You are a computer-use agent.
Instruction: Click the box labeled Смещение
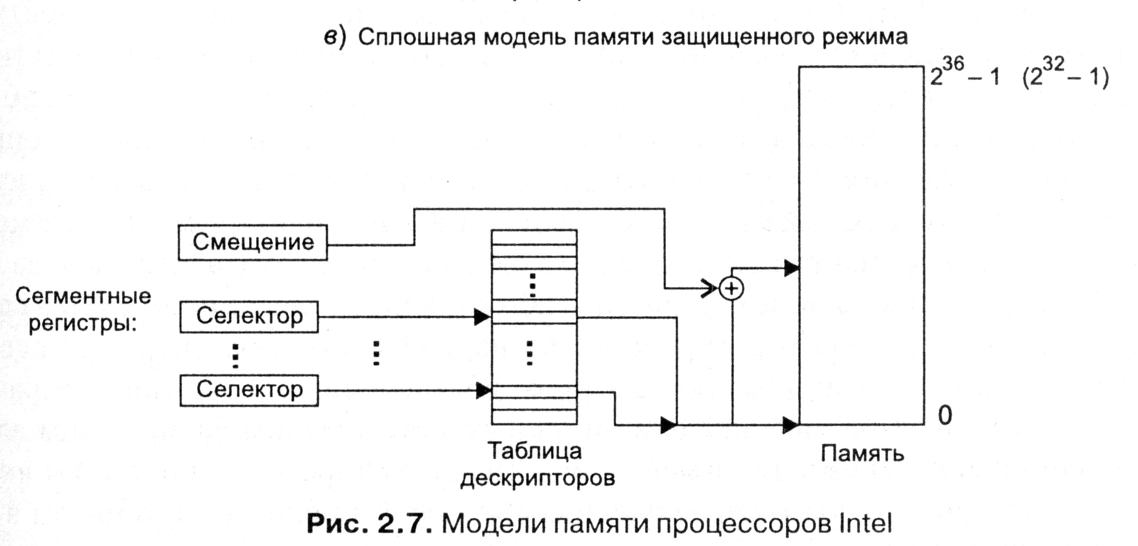[253, 242]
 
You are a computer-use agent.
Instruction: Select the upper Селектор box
[249, 316]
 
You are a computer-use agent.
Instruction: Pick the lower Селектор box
[249, 390]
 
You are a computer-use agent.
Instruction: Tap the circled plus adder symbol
[731, 289]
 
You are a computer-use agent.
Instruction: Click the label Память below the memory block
[862, 453]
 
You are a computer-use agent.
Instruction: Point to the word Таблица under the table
[535, 451]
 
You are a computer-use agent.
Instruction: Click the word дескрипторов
[537, 478]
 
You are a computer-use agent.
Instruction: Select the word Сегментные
[83, 296]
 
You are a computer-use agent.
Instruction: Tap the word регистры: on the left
[83, 325]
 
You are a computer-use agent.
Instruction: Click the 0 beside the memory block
[944, 416]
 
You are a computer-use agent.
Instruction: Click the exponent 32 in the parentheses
[1054, 65]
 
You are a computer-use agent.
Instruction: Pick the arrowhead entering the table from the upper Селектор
[482, 317]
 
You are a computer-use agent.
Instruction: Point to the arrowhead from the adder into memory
[791, 268]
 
